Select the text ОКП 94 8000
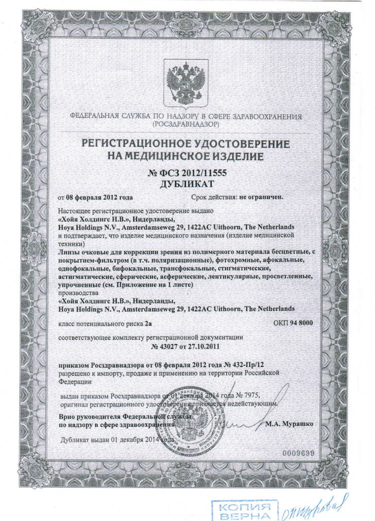tap(294, 323)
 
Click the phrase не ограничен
tap(261, 196)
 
